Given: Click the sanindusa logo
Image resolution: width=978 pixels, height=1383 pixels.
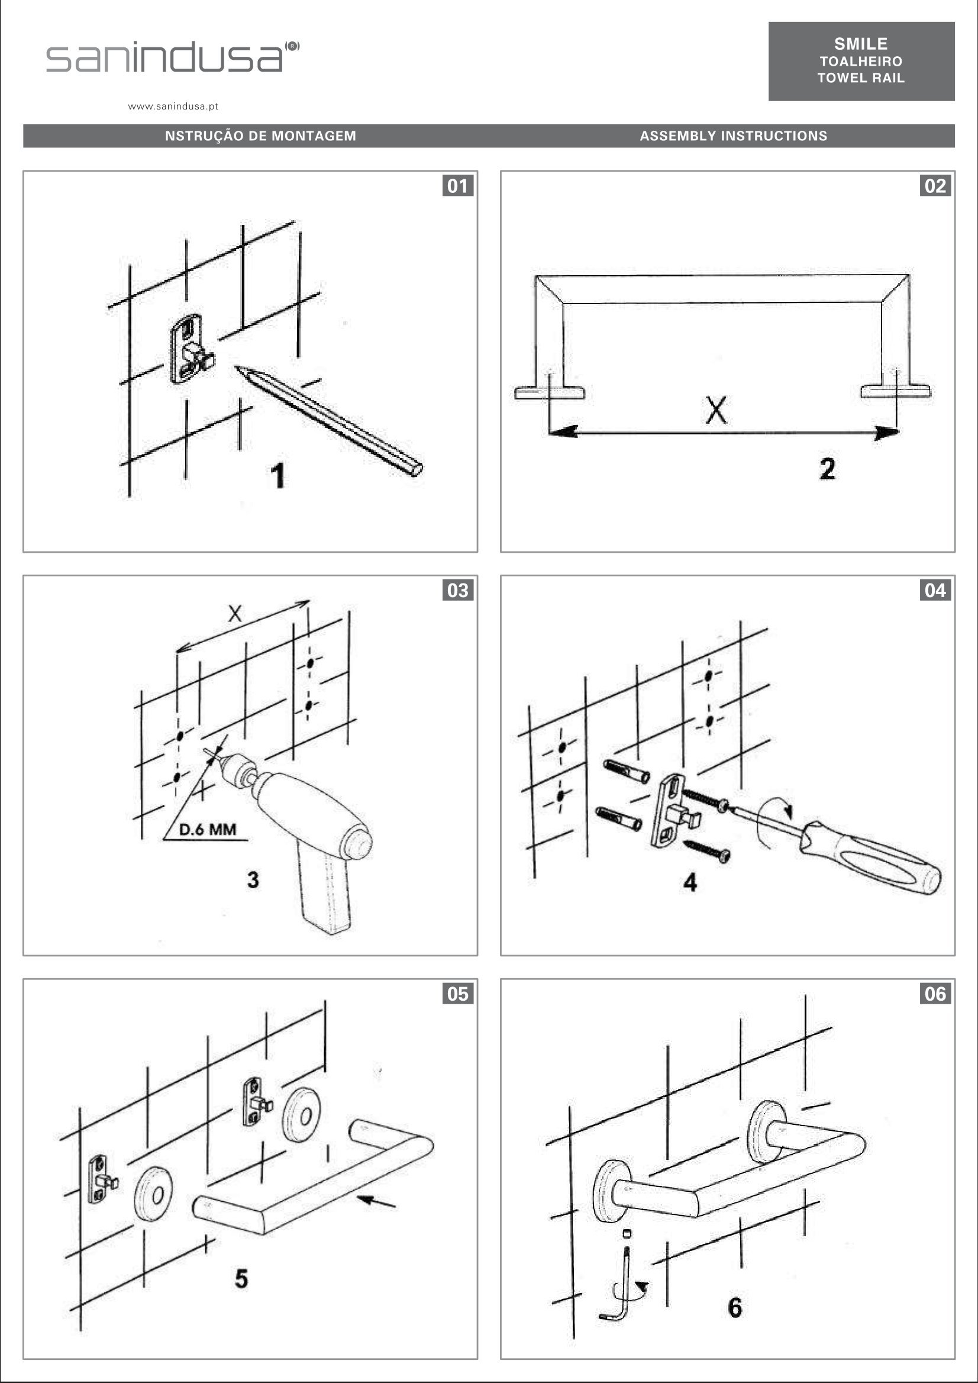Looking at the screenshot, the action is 172,57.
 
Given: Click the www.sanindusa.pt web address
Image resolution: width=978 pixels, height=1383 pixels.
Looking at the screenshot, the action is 173,107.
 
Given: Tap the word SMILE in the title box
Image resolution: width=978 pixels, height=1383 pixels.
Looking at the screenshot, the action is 861,44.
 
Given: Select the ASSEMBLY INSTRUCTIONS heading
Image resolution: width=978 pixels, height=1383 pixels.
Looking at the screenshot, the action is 734,136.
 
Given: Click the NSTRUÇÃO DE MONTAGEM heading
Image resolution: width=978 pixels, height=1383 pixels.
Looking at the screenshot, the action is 261,136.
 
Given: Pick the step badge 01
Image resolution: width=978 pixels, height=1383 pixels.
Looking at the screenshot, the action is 458,186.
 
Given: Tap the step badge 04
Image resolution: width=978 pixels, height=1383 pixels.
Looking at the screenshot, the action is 935,591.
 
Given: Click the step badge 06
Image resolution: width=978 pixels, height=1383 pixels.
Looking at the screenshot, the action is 935,994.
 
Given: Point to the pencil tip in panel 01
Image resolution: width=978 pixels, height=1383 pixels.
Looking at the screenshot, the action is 237,368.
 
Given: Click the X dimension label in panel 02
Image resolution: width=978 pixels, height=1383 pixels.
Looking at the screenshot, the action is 716,410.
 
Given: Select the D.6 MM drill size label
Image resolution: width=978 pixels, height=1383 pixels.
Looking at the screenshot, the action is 208,830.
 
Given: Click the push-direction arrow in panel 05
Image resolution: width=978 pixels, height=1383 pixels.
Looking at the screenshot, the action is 376,1201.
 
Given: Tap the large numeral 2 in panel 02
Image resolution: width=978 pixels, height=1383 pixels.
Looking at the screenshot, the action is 828,469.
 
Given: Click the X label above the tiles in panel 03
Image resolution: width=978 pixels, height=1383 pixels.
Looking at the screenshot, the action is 235,614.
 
